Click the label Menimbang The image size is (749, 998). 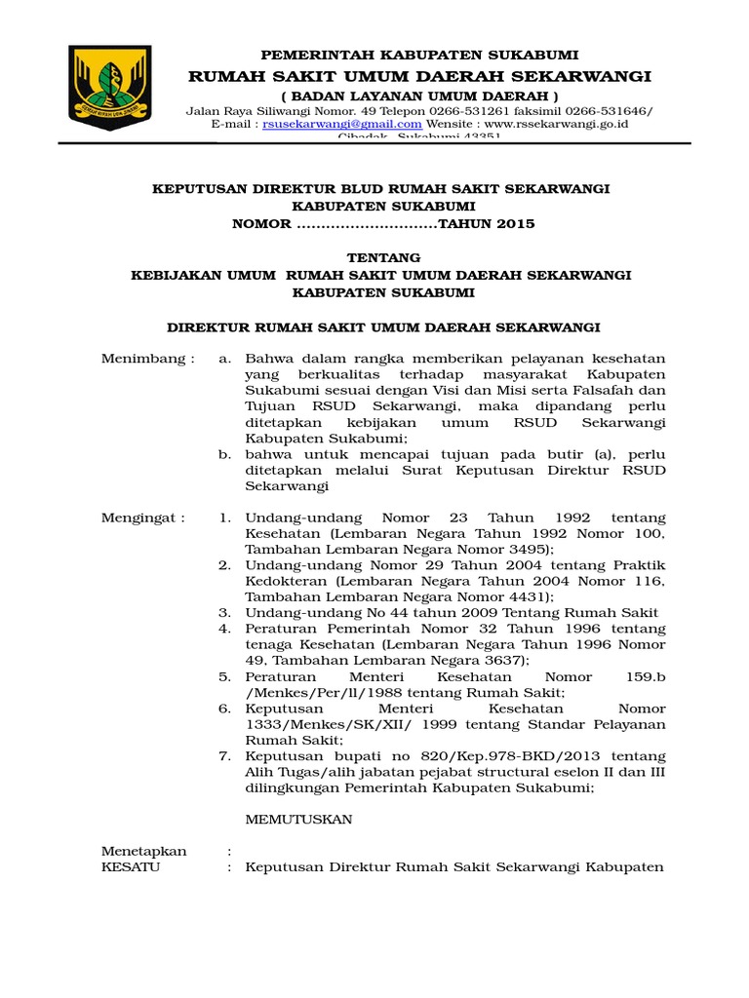[x=147, y=359]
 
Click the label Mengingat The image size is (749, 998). [x=142, y=518]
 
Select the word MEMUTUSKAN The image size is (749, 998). [x=298, y=820]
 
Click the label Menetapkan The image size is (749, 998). [x=143, y=851]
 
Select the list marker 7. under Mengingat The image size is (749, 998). [x=224, y=756]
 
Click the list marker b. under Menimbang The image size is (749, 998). [x=224, y=454]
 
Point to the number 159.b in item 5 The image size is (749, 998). [x=646, y=676]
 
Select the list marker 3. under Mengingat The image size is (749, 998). [x=224, y=613]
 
